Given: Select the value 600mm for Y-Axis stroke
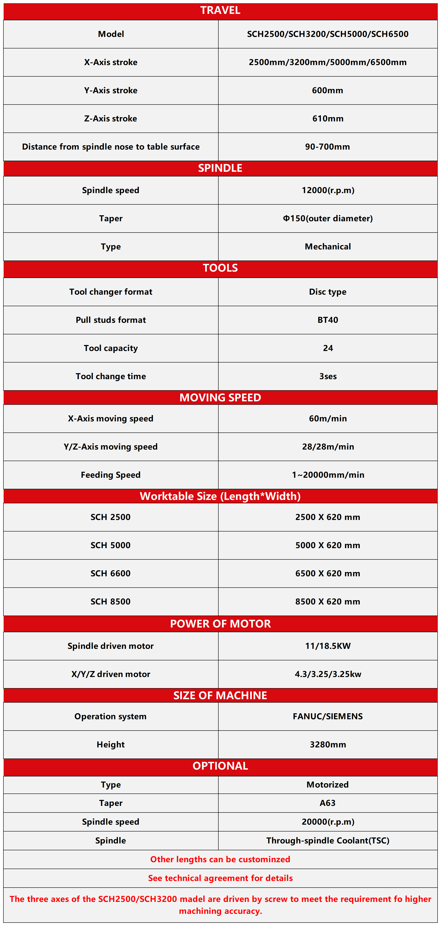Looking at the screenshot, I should click(327, 90).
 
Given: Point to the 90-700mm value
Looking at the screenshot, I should click(327, 147).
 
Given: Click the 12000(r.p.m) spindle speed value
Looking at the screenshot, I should click(328, 190).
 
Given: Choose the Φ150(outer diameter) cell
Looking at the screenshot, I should click(328, 218).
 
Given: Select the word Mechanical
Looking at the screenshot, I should click(328, 247).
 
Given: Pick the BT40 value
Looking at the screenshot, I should click(328, 320).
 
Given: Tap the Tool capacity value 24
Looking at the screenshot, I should click(328, 348).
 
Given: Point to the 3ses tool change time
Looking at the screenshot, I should click(328, 376).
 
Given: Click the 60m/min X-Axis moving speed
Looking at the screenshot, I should click(328, 418).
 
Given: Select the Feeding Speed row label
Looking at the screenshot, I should click(111, 475).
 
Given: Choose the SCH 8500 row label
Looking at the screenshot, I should click(111, 601).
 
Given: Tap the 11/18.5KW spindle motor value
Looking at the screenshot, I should click(328, 646).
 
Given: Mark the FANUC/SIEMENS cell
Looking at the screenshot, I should click(328, 716).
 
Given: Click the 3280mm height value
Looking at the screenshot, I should click(328, 744).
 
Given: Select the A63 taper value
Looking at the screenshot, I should click(328, 803).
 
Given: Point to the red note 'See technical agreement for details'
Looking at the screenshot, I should click(220, 878).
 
